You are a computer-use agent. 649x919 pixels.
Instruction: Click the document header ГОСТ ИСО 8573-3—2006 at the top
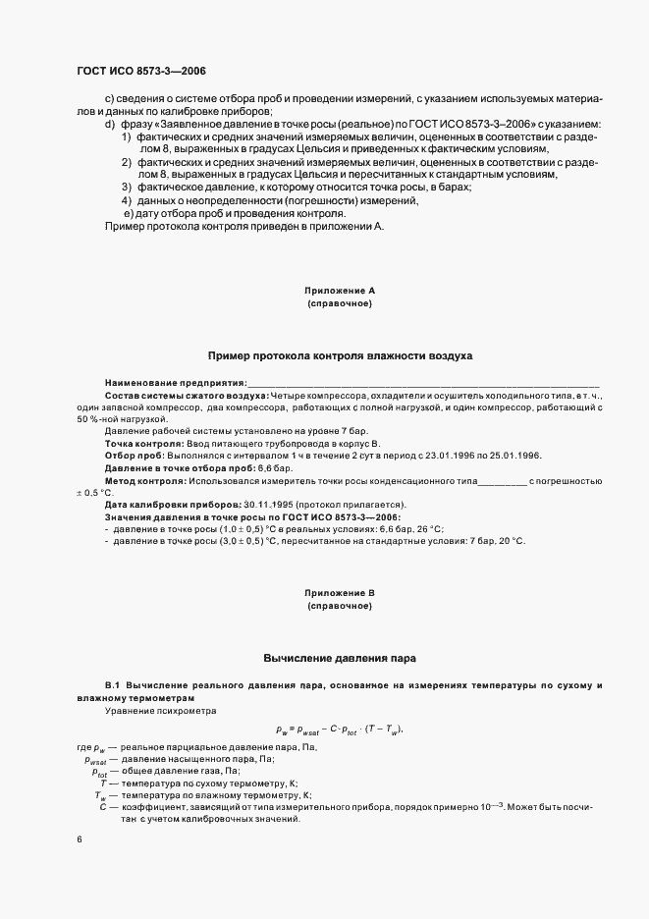[x=140, y=72]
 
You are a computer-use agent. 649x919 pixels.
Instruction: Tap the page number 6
[x=79, y=840]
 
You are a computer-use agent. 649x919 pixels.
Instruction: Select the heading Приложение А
[x=340, y=291]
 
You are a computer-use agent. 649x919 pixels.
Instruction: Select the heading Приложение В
[x=340, y=593]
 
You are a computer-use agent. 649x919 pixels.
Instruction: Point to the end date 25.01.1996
[x=514, y=457]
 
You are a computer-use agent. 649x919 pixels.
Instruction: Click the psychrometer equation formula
[x=340, y=729]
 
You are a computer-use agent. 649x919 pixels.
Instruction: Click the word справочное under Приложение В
[x=340, y=607]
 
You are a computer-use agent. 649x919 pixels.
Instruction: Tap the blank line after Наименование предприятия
[x=422, y=382]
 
